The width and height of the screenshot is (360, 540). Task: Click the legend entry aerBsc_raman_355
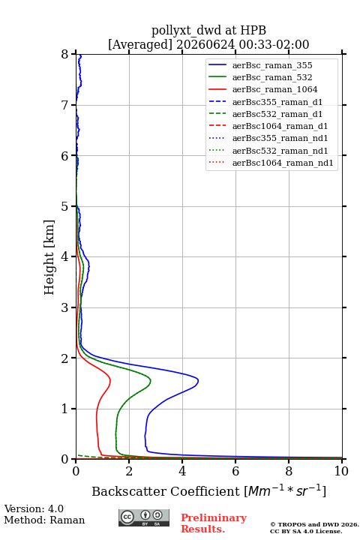click(272, 65)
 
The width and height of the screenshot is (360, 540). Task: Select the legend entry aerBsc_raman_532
click(272, 77)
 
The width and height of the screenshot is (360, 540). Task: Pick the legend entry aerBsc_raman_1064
click(275, 89)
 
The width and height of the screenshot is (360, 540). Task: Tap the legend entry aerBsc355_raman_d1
click(277, 102)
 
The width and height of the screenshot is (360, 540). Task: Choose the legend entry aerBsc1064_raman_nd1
click(283, 163)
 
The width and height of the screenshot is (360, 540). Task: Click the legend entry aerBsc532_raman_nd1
click(280, 151)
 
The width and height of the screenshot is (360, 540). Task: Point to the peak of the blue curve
click(198, 380)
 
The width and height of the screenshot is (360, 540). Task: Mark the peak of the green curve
click(151, 381)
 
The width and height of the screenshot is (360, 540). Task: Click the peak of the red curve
click(110, 380)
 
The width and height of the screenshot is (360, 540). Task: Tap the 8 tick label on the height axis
click(65, 54)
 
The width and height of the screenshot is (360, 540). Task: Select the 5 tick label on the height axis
click(65, 206)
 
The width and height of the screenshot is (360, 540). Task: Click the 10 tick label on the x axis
click(341, 471)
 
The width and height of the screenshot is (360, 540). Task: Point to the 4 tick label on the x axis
click(182, 471)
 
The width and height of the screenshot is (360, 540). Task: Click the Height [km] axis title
click(49, 257)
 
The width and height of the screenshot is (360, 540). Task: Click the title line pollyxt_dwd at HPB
click(208, 31)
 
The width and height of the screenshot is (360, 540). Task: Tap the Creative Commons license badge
click(144, 518)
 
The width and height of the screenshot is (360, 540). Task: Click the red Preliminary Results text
click(214, 523)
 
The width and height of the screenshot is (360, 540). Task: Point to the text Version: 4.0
click(34, 508)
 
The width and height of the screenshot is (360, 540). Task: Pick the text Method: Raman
click(44, 520)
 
